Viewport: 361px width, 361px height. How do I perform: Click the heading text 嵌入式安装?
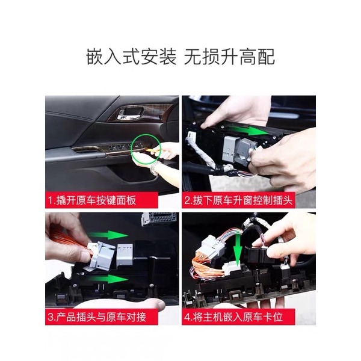pyautogui.click(x=131, y=57)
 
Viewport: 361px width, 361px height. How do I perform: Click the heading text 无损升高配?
pyautogui.click(x=229, y=57)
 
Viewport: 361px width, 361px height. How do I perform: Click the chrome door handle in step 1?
pyautogui.click(x=129, y=115)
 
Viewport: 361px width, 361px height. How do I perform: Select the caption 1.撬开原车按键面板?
pyautogui.click(x=92, y=200)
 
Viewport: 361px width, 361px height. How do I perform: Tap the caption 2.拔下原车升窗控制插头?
pyautogui.click(x=238, y=200)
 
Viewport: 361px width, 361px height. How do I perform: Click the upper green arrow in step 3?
pyautogui.click(x=108, y=235)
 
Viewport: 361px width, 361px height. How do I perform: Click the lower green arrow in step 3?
pyautogui.click(x=108, y=279)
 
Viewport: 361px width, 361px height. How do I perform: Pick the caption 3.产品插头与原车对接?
pyautogui.click(x=97, y=317)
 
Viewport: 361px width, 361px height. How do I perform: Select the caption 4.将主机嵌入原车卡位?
pyautogui.click(x=233, y=317)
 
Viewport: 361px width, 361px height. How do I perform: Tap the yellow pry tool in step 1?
pyautogui.click(x=153, y=150)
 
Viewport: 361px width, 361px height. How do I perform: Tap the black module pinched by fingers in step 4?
pyautogui.click(x=258, y=256)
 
